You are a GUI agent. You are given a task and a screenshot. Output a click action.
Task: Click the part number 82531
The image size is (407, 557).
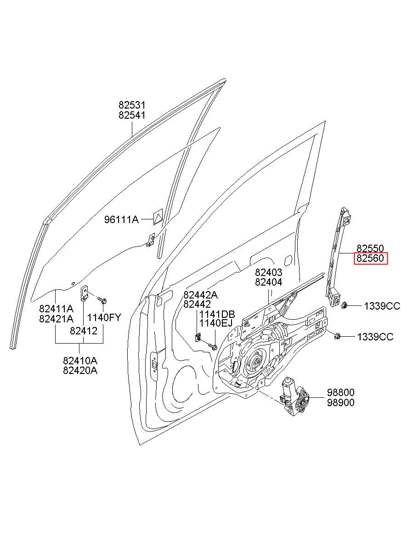click(x=132, y=105)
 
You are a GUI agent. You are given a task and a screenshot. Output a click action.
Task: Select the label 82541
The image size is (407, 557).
click(x=132, y=115)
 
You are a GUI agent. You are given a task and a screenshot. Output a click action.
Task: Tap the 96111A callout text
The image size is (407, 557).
click(x=121, y=219)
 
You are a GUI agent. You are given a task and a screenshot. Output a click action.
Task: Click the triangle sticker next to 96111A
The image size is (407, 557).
click(x=158, y=217)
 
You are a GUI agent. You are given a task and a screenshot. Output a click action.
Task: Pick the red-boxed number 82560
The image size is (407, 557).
click(x=370, y=258)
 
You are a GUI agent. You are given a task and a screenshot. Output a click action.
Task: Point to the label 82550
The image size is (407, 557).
click(x=370, y=248)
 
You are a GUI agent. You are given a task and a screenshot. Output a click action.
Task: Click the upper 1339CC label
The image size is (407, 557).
click(x=382, y=306)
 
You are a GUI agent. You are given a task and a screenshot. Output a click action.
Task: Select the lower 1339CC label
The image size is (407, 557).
click(x=375, y=337)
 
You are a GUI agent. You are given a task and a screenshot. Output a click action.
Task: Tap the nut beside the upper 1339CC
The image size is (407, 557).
click(x=344, y=305)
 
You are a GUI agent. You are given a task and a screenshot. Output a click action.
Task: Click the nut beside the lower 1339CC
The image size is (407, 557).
click(x=337, y=336)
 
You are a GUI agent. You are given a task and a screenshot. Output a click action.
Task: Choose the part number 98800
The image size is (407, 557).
click(x=340, y=392)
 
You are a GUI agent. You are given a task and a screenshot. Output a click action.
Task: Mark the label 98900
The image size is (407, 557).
click(x=340, y=402)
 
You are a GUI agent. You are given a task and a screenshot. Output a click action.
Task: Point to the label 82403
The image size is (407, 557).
click(x=269, y=272)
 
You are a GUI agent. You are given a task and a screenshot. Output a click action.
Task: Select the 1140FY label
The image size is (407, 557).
click(x=104, y=317)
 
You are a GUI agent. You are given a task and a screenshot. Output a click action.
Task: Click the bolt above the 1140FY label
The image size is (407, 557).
click(x=102, y=300)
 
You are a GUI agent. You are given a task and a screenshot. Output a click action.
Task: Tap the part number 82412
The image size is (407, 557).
click(x=84, y=331)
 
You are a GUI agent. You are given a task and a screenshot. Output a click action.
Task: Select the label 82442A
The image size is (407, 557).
click(x=200, y=295)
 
